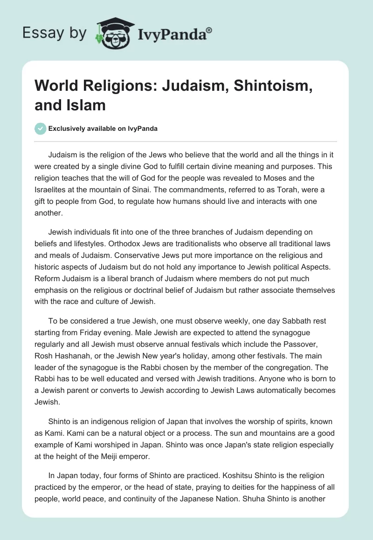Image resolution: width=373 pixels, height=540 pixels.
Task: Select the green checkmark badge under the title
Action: pos(41,128)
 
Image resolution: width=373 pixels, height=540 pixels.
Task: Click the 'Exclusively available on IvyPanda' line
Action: pos(103,128)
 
